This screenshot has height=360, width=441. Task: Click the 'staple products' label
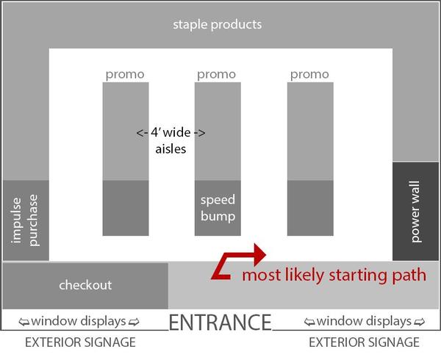point(217,24)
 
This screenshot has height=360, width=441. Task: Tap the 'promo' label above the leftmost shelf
point(125,74)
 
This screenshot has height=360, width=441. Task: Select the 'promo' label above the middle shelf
point(217,74)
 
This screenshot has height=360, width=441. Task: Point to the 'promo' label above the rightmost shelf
point(309,74)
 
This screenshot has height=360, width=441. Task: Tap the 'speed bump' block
point(218,208)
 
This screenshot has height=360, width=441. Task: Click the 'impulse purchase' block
point(26,220)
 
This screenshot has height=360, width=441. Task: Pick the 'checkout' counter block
point(85,284)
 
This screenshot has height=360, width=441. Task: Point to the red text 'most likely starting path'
point(334,276)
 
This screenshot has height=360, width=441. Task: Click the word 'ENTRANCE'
point(220,322)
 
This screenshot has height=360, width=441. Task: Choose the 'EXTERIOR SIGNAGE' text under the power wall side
point(364,342)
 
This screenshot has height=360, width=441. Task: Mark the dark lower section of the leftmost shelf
point(125,208)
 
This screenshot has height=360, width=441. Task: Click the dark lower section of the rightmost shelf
point(309,208)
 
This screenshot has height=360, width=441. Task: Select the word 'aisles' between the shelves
point(171,148)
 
